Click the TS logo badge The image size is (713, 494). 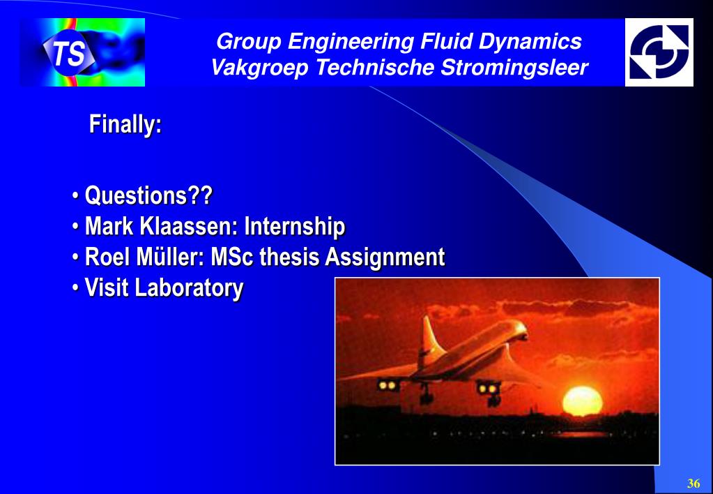coord(69,52)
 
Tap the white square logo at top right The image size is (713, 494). coord(659,52)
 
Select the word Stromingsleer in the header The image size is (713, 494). coord(514,68)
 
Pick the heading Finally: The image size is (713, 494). coord(125,123)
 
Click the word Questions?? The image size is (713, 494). coord(148,195)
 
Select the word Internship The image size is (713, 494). coord(295,227)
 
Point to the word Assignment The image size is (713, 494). coord(384,257)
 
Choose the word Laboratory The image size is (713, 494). coord(189,288)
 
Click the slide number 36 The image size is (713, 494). coord(693,483)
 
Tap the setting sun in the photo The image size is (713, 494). coord(583,401)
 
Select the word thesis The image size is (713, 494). coord(289,257)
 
